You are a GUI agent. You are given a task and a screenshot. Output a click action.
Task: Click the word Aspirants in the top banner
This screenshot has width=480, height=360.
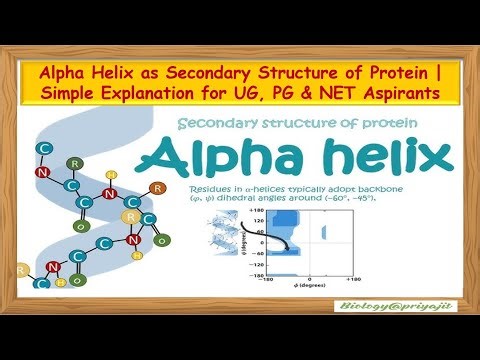[418, 93]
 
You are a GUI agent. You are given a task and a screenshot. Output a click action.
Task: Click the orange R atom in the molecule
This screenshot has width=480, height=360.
[155, 187]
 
